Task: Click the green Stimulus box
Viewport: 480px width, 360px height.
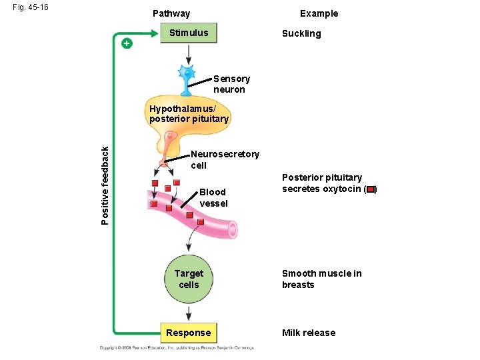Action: click(189, 33)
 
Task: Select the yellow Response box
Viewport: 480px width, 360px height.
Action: click(189, 333)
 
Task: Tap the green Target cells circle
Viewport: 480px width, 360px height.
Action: click(189, 279)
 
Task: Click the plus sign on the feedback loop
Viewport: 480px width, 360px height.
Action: click(127, 43)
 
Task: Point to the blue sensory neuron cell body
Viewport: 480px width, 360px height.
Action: click(187, 71)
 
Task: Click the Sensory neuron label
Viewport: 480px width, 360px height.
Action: click(231, 84)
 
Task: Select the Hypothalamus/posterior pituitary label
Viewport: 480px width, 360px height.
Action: click(189, 114)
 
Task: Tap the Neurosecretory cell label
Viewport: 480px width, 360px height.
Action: click(224, 159)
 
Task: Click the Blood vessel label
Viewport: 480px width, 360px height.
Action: click(213, 197)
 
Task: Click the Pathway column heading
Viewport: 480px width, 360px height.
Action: click(171, 13)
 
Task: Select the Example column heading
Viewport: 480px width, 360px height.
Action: click(319, 13)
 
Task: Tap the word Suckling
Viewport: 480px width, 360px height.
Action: click(301, 33)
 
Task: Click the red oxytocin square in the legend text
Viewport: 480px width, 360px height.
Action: click(370, 189)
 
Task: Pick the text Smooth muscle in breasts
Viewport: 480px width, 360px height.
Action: click(321, 279)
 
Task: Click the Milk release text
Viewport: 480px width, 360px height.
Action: click(309, 333)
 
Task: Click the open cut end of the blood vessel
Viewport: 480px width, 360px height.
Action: click(231, 230)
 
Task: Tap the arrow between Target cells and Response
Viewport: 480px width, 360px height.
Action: click(189, 312)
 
